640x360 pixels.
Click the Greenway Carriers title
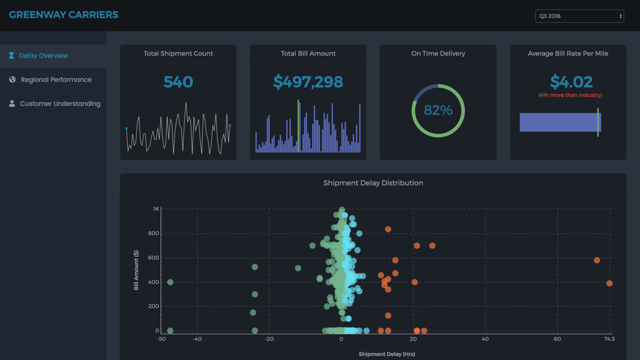click(63, 15)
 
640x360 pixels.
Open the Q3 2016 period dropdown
click(579, 16)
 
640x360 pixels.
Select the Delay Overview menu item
click(44, 56)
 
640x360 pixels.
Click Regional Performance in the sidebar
click(56, 80)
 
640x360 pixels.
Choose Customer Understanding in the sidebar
click(60, 104)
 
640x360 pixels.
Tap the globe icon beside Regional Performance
click(12, 80)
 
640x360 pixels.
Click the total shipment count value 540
click(178, 82)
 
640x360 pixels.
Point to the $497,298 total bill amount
click(308, 82)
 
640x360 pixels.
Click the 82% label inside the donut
click(438, 110)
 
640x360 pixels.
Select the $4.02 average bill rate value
click(571, 82)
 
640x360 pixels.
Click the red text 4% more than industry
click(570, 95)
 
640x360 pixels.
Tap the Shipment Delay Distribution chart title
click(373, 183)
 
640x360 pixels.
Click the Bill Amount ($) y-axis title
click(136, 270)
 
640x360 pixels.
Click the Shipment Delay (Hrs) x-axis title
click(387, 354)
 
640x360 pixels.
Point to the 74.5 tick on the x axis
click(609, 339)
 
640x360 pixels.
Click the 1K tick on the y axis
click(156, 209)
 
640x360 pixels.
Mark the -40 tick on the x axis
click(197, 339)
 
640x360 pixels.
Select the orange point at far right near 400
click(609, 284)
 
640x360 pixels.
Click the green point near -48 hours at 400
click(170, 283)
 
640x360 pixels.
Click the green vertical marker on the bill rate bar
click(598, 122)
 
